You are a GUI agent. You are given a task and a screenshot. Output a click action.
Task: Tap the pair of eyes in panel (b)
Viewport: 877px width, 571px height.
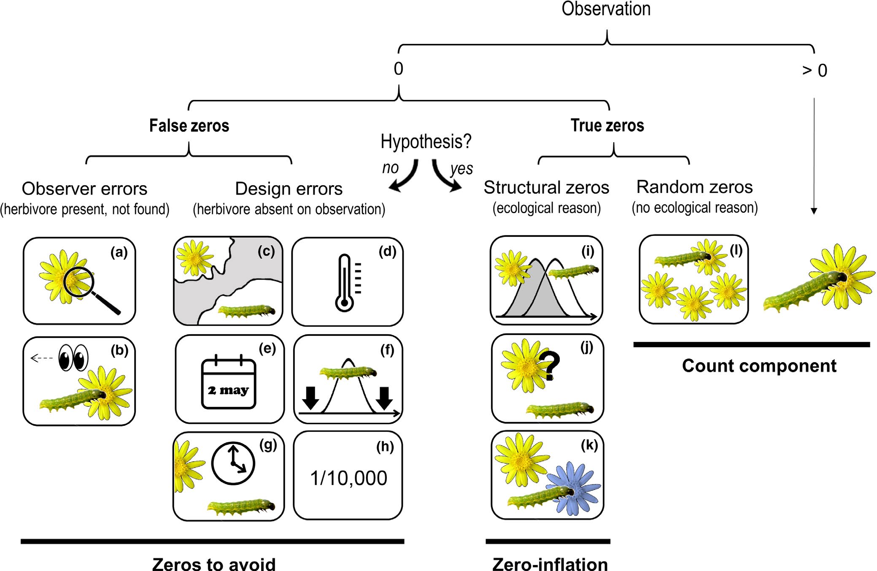[73, 358]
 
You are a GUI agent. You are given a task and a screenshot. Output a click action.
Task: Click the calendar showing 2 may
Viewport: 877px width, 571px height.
[229, 383]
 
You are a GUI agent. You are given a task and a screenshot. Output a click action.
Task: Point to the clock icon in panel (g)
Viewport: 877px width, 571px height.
[233, 463]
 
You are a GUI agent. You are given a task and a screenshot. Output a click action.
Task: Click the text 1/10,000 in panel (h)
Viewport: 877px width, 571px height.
[348, 478]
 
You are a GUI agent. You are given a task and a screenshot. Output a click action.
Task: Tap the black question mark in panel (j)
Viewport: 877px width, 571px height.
[551, 365]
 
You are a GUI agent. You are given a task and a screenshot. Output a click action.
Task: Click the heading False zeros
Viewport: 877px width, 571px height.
[189, 126]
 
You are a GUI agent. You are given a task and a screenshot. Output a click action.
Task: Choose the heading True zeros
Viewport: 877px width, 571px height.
[607, 125]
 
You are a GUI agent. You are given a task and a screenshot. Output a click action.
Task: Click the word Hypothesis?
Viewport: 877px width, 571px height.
[426, 141]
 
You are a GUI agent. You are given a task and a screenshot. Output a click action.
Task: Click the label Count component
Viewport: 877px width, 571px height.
[759, 366]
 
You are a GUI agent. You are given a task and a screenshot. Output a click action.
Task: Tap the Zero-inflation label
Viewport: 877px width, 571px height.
[550, 564]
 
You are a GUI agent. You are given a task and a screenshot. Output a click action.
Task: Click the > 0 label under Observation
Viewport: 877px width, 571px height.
[814, 70]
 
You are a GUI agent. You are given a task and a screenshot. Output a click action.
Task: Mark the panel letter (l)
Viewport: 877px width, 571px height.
[736, 251]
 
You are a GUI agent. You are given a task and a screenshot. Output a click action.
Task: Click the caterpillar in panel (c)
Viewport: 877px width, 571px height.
[247, 311]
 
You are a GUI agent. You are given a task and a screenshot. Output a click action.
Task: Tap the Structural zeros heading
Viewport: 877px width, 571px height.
[546, 187]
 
